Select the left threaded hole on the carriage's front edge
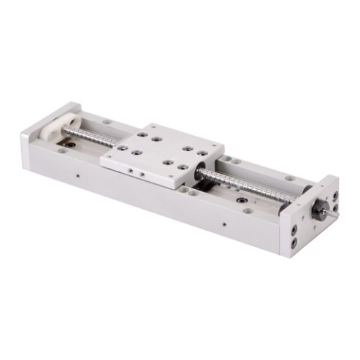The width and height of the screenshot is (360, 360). [x=130, y=170]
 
